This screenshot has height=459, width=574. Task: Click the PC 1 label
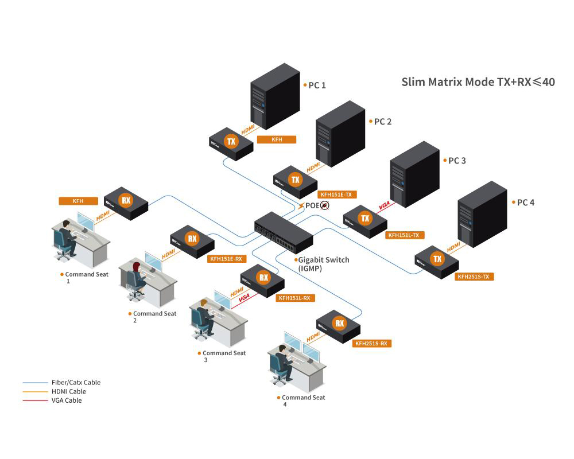(x=317, y=85)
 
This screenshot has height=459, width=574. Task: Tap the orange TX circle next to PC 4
(x=437, y=259)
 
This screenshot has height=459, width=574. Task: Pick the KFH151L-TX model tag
(x=406, y=235)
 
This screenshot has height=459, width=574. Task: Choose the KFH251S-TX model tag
(x=475, y=277)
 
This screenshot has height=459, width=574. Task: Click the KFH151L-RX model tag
(x=296, y=298)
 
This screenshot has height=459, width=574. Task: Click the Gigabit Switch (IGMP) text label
(x=323, y=264)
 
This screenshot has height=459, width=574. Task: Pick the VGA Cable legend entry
(x=67, y=400)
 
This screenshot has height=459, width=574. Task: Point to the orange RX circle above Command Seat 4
(x=339, y=323)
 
